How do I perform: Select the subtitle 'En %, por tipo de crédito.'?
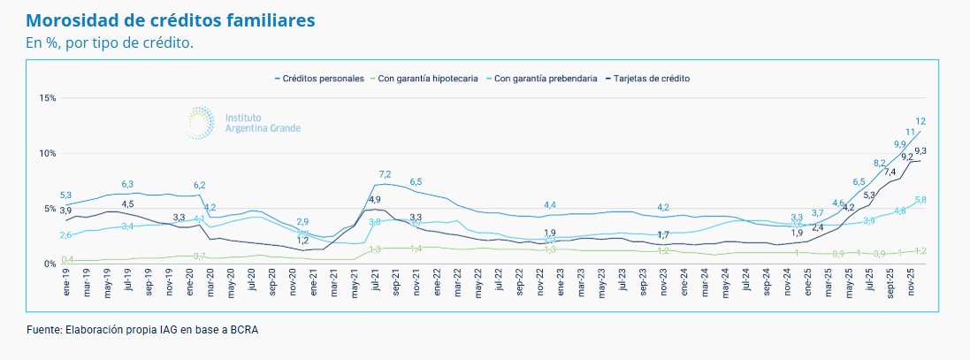pyautogui.click(x=110, y=42)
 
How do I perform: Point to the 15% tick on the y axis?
pyautogui.click(x=47, y=98)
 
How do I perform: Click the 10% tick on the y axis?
pyautogui.click(x=47, y=153)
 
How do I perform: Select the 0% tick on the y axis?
pyautogui.click(x=49, y=264)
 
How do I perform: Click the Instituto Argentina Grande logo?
pyautogui.click(x=243, y=122)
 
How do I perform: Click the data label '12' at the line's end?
pyautogui.click(x=920, y=121)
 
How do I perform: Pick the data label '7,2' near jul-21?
pyautogui.click(x=385, y=174)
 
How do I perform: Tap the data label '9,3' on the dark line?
pyautogui.click(x=920, y=151)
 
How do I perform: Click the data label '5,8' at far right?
pyautogui.click(x=920, y=201)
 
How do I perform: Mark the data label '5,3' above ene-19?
pyautogui.click(x=66, y=195)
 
